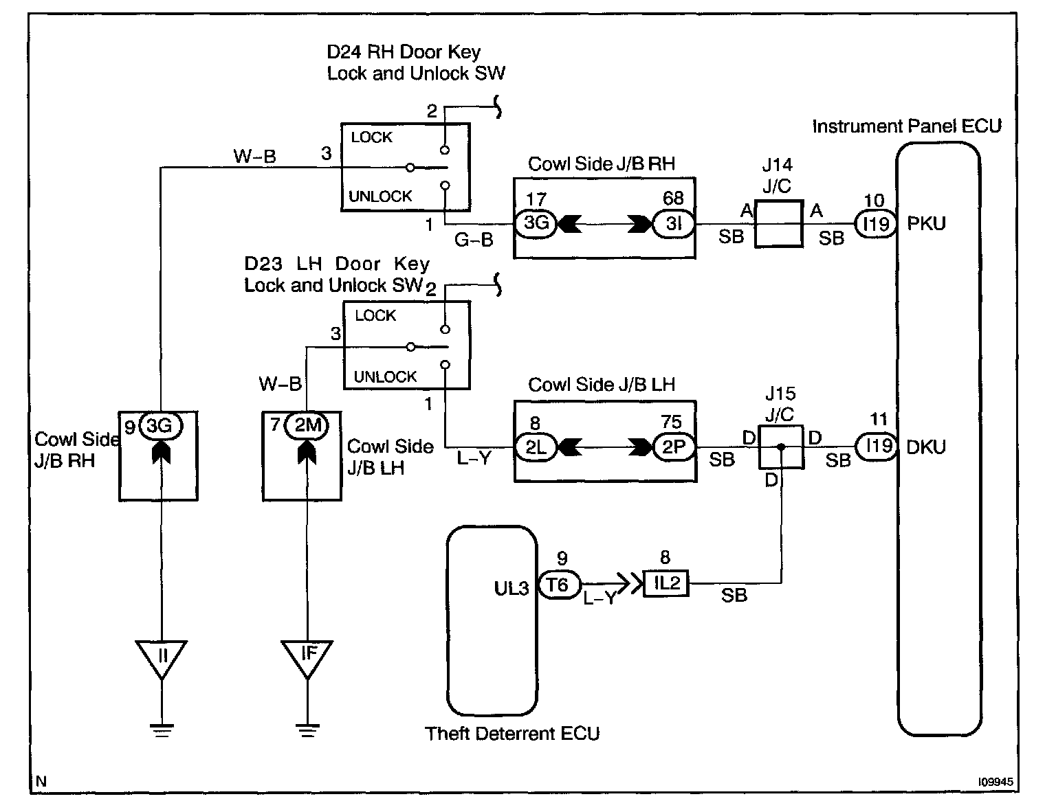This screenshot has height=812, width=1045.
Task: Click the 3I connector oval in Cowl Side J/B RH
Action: [673, 223]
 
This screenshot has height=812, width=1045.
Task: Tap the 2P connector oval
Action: [673, 447]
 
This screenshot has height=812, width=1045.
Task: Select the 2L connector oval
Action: [536, 447]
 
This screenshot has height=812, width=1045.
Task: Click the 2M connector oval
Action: [307, 426]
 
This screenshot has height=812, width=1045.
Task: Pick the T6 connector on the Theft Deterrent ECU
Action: [558, 585]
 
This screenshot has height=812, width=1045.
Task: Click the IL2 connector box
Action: [666, 583]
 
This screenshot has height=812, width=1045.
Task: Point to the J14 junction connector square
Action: [778, 224]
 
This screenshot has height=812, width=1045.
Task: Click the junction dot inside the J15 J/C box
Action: [781, 447]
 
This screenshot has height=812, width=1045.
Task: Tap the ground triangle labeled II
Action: [162, 659]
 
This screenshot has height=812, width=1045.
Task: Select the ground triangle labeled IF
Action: [307, 659]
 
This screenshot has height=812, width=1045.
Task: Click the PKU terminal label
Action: [926, 224]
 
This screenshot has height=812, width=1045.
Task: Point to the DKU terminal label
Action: [926, 447]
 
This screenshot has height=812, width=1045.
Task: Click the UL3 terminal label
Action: [511, 588]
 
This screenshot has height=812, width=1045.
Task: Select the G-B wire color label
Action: [474, 240]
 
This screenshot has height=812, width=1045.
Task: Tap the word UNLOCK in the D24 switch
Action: [380, 196]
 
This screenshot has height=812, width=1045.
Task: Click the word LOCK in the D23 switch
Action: [375, 316]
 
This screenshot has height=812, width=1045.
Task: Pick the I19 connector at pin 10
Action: [876, 224]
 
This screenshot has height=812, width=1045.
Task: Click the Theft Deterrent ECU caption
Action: [512, 734]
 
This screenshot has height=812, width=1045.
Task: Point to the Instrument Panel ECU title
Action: [907, 126]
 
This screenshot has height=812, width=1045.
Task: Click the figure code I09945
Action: [995, 782]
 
